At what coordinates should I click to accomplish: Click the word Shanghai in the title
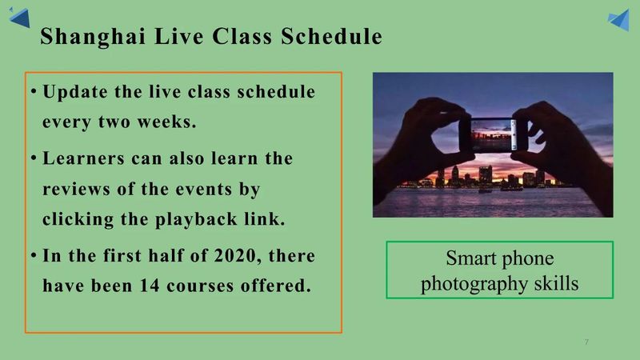[x=93, y=37]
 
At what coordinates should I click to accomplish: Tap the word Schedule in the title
[x=331, y=36]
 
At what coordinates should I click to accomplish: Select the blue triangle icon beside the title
[x=19, y=18]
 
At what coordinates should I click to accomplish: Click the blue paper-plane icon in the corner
[x=618, y=19]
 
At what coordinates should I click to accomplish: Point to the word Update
[x=75, y=92]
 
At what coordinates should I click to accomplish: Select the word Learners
[x=83, y=158]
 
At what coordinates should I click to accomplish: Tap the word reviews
[x=76, y=190]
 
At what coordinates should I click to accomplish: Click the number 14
[x=150, y=286]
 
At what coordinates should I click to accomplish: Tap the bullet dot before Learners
[x=34, y=158]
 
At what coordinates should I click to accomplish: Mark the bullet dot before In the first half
[x=34, y=255]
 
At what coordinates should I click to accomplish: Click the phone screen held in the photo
[x=491, y=134]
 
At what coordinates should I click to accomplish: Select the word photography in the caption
[x=474, y=284]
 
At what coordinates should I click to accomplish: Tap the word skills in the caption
[x=556, y=283]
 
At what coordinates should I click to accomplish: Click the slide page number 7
[x=586, y=342]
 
